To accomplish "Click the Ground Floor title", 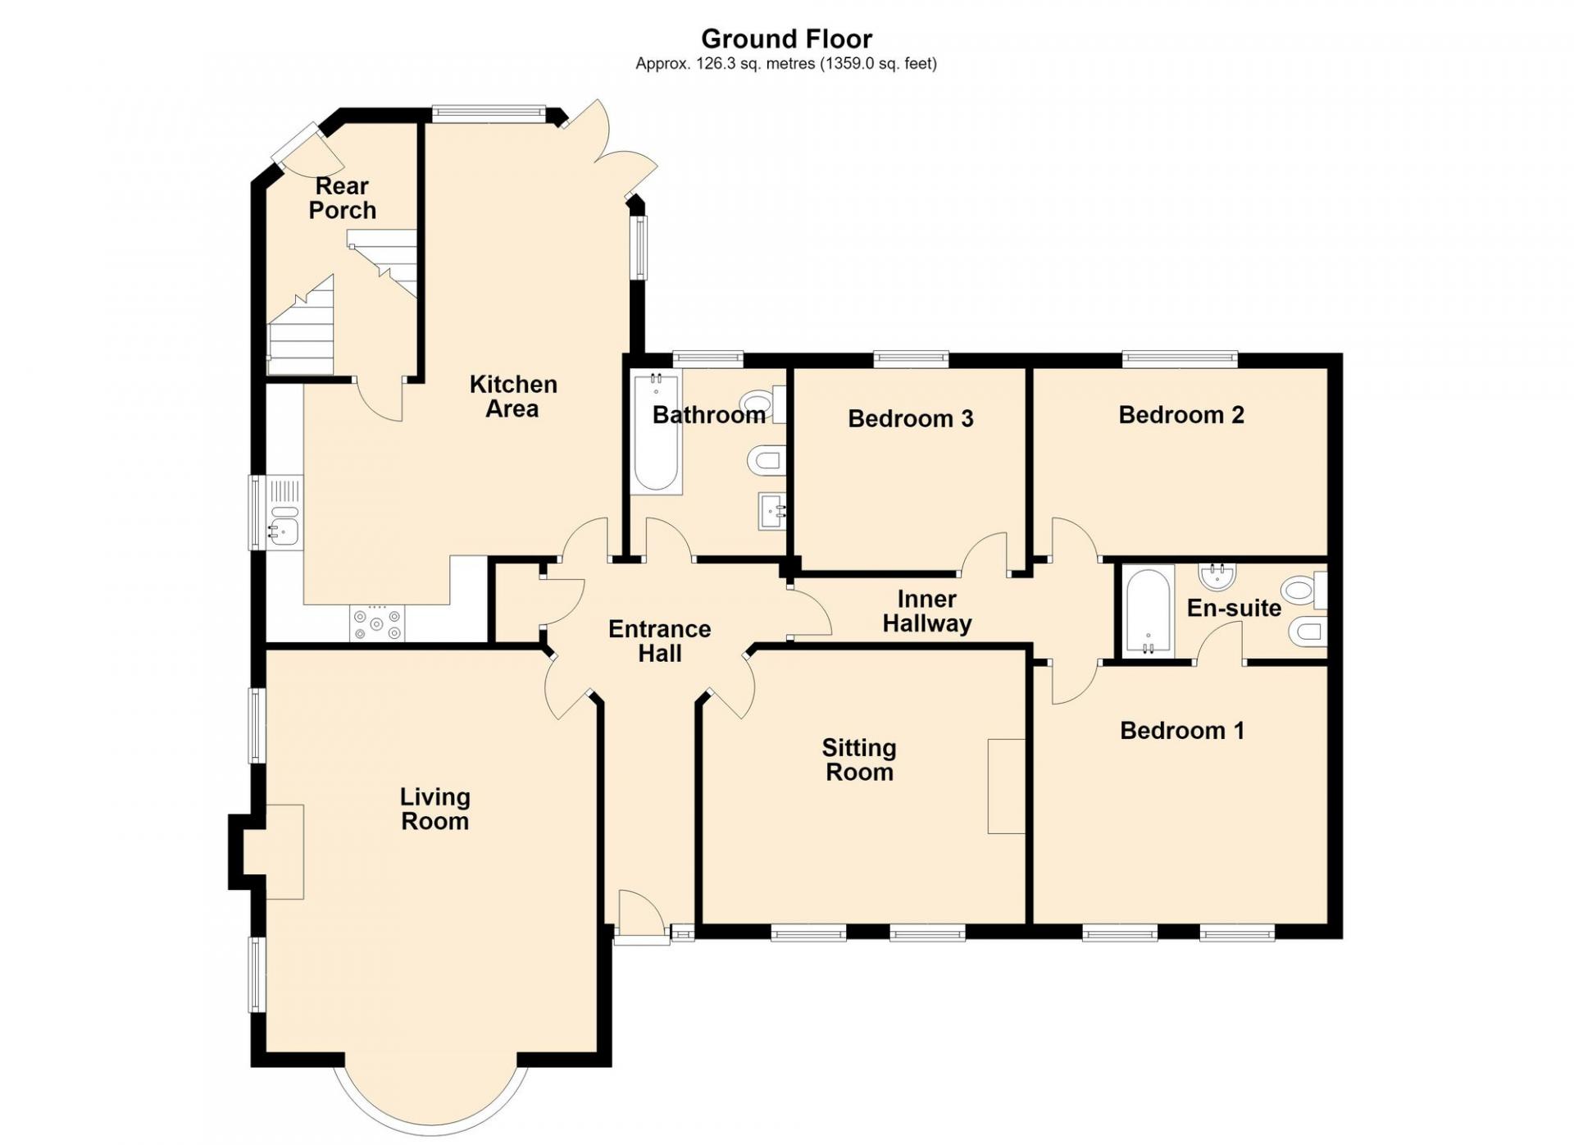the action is pos(786,39).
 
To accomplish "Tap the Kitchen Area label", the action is pos(513,396).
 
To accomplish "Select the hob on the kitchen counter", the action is pos(377,623).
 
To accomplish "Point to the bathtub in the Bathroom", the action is pos(656,432).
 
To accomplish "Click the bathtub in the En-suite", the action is pos(1148,610).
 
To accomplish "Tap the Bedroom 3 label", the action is pos(910,418).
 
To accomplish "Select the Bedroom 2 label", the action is pos(1181,415).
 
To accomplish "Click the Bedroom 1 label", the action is pos(1182,730).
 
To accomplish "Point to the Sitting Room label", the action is pos(859,760).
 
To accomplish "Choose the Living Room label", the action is pos(434,809).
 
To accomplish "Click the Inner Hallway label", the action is pos(927,611).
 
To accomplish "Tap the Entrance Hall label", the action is pos(660,641).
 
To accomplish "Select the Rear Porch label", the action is pos(343,198).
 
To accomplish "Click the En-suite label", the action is pos(1234,608).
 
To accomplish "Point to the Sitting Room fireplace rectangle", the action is pos(1007,787).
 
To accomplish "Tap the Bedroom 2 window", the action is pos(1180,358).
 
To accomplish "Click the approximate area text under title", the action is pos(786,63).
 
